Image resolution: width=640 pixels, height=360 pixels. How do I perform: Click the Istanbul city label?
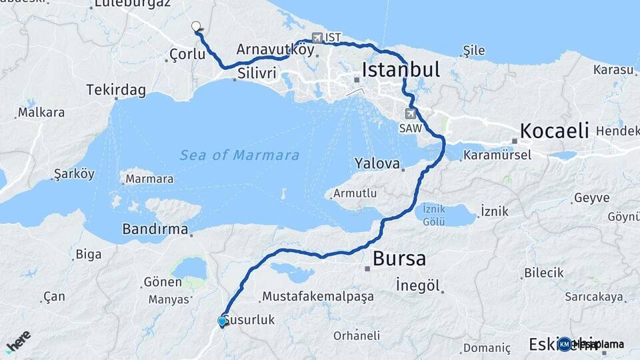(x=401, y=69)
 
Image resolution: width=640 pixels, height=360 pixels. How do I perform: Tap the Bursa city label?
(x=399, y=258)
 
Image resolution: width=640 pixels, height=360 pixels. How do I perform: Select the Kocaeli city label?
(x=554, y=131)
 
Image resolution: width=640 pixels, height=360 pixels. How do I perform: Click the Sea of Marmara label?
(x=239, y=155)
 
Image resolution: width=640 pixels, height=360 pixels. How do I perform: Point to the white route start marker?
(x=196, y=27)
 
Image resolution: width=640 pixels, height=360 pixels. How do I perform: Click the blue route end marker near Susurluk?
(x=222, y=321)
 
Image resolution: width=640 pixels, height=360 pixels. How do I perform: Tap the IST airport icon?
(x=317, y=38)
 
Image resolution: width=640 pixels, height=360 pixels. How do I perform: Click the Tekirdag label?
(x=112, y=89)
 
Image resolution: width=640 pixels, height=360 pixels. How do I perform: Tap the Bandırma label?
(x=155, y=229)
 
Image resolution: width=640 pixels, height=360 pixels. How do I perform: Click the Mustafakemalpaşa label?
(x=318, y=297)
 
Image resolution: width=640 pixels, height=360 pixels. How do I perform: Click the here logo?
(x=18, y=342)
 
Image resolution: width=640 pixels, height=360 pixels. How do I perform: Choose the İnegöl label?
(x=418, y=285)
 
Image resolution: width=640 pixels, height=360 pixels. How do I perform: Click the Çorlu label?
(x=187, y=54)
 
